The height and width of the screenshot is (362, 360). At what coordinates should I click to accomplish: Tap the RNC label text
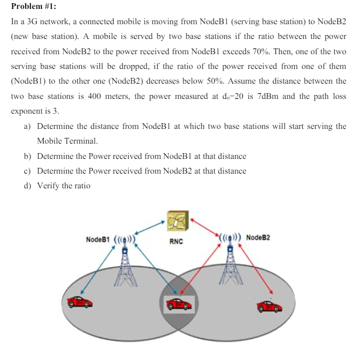point(176,242)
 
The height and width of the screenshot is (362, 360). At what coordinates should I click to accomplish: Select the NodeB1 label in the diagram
point(98,239)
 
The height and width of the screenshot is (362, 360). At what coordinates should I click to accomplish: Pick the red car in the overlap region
point(178,304)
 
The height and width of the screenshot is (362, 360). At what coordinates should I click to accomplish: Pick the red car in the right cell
point(270,306)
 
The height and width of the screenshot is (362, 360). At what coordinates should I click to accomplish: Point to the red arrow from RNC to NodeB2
point(205,224)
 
